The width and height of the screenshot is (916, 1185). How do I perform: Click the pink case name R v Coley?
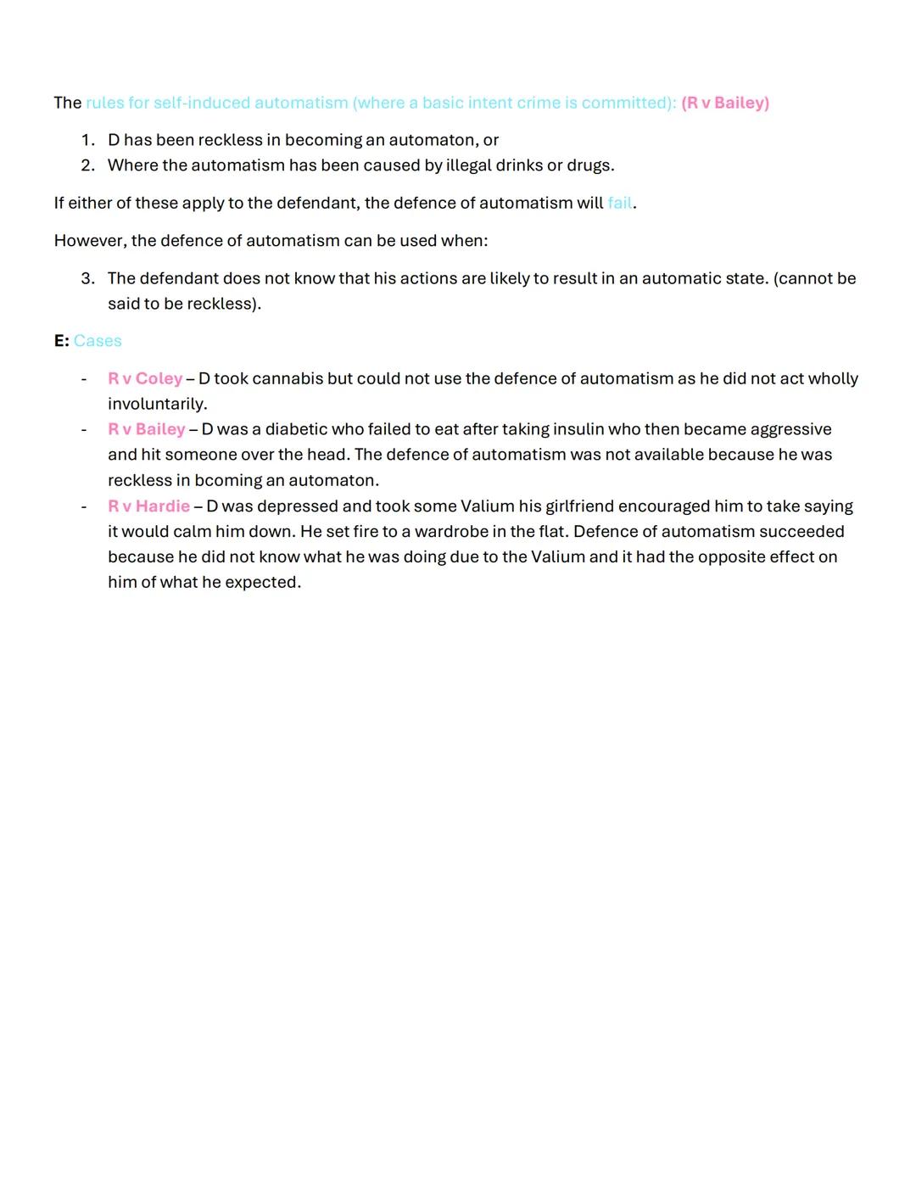[145, 378]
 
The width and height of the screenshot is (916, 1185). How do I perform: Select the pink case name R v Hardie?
[148, 506]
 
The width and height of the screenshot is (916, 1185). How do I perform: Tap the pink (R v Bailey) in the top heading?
[725, 103]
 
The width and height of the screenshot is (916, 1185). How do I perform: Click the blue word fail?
[619, 203]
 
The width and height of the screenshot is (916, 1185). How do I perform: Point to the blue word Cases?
[98, 340]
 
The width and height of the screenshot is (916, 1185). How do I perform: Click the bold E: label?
[61, 340]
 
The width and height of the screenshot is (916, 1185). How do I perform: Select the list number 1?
[87, 139]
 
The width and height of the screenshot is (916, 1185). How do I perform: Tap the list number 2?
[87, 165]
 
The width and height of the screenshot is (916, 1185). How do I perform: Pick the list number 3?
[87, 278]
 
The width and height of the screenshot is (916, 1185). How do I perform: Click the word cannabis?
[288, 378]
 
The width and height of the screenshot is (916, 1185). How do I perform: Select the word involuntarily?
[157, 404]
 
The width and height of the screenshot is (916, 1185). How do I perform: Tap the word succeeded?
[801, 531]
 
